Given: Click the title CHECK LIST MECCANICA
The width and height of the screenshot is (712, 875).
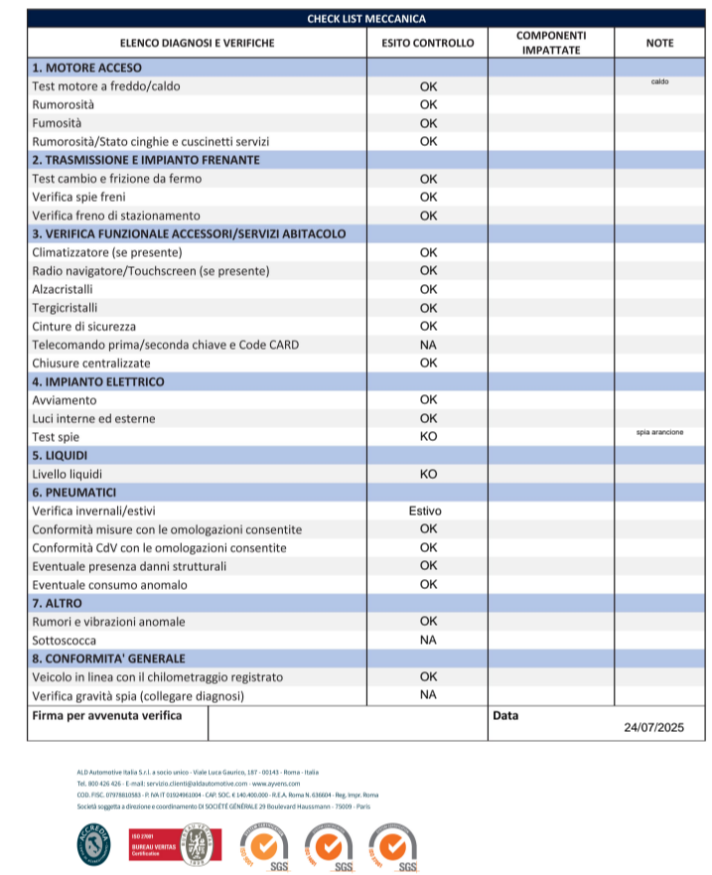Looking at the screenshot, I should coord(366,19).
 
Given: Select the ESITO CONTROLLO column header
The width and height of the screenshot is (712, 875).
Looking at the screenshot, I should coord(428,43).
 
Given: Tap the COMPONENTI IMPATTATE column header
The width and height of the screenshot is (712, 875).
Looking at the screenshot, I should coord(551,43).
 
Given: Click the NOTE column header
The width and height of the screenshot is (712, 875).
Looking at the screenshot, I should coord(659,43).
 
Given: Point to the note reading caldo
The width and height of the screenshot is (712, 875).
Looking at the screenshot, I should coord(659,81).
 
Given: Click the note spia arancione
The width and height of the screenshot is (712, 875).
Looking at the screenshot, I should coord(659,432).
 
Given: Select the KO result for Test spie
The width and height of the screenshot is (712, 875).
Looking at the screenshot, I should coord(428,437).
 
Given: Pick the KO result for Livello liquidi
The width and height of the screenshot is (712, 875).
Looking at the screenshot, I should coord(428,474).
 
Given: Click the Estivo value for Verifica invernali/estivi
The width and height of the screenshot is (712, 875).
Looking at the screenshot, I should coord(426,510).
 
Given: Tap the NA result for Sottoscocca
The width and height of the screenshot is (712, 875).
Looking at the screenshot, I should coord(428,641).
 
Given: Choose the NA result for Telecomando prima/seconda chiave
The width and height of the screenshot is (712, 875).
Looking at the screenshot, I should coord(428,345).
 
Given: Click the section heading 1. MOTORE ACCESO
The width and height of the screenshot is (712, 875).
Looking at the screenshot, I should coord(86,68).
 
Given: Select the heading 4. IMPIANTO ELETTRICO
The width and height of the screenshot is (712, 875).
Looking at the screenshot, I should coord(98,381).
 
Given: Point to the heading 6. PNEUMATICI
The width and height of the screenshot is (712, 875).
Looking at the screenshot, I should coord(74,493).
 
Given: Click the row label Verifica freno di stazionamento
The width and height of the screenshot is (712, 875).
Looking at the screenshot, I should coord(116,216).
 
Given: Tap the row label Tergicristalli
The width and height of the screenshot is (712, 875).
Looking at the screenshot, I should coord(65,308).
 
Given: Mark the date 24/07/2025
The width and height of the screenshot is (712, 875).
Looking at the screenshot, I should coord(654,727).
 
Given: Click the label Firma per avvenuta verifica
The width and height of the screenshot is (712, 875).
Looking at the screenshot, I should coord(107,715).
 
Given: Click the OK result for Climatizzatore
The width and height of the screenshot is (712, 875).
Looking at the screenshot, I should coord(428,252).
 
